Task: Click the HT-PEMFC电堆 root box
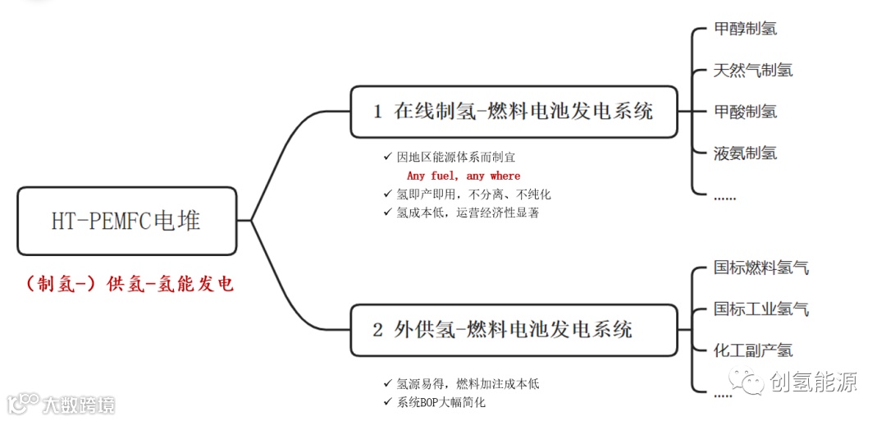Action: click(x=126, y=221)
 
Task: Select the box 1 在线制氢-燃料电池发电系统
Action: click(x=514, y=112)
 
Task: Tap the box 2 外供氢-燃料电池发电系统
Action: click(x=514, y=330)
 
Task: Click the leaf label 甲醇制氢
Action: click(x=745, y=29)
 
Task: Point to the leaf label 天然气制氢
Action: click(x=753, y=70)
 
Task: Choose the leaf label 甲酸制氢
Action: click(x=745, y=112)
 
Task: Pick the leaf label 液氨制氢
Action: click(x=745, y=153)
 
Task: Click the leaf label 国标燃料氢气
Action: click(x=761, y=268)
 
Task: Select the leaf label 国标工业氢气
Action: click(x=761, y=309)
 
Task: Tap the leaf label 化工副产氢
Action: click(x=753, y=350)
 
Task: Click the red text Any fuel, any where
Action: click(x=464, y=176)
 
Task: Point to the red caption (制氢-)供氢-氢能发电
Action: click(x=129, y=284)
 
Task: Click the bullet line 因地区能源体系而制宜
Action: click(x=456, y=157)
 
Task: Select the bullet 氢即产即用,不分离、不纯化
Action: click(x=473, y=194)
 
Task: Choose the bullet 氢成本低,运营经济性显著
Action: click(x=468, y=212)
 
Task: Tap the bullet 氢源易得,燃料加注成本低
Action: click(x=468, y=383)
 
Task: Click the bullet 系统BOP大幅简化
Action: click(x=441, y=402)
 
